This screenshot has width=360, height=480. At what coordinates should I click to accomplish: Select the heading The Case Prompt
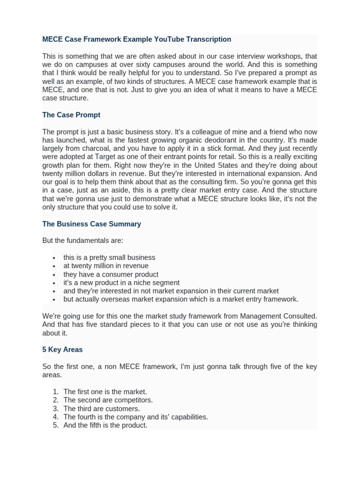[x=71, y=115]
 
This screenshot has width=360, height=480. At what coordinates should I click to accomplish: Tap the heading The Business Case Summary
[x=91, y=224]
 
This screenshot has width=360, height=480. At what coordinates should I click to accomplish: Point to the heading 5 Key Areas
[x=62, y=350]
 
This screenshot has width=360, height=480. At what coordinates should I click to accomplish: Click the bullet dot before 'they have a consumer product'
[x=55, y=275]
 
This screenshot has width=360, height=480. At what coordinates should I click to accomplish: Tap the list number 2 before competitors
[x=55, y=400]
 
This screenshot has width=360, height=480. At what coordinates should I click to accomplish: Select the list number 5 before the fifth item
[x=55, y=426]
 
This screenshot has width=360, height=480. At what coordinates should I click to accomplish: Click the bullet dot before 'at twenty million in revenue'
[x=55, y=266]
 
